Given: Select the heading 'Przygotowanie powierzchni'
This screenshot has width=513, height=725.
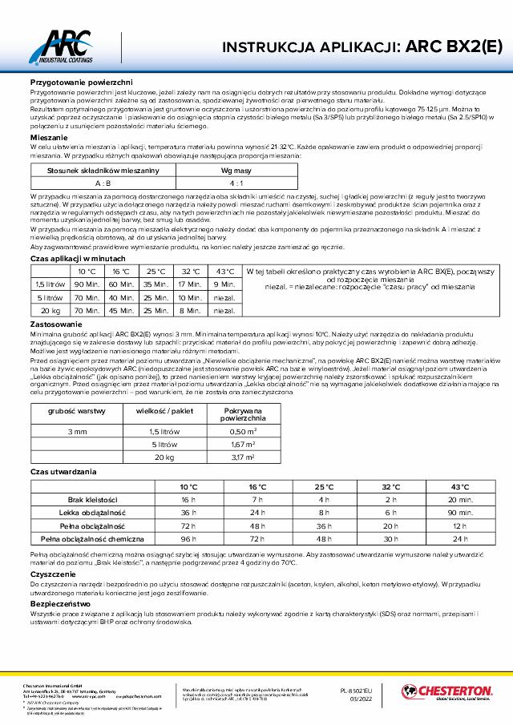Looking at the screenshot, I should (x=75, y=83).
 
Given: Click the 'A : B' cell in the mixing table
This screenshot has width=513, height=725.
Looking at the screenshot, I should (x=103, y=183).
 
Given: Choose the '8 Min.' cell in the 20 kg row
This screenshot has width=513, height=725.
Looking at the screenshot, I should (x=190, y=309).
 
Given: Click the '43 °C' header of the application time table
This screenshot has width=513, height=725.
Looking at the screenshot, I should (x=224, y=271).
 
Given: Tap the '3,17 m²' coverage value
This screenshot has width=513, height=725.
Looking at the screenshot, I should (x=242, y=457).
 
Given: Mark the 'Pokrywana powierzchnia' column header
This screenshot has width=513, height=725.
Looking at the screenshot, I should (x=242, y=413).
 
